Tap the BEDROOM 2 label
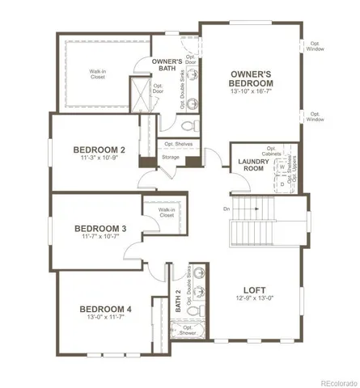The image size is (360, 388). (x=100, y=150)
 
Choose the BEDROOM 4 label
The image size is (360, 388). (x=105, y=309)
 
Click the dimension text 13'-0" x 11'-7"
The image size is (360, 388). (x=105, y=319)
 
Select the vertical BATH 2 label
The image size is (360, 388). (x=178, y=301)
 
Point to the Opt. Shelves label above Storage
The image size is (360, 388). (x=179, y=144)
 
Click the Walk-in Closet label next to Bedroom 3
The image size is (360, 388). (x=167, y=213)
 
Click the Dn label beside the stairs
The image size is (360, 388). (x=227, y=209)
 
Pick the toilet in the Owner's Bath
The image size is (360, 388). (x=185, y=125)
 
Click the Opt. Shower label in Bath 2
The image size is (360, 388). (x=188, y=331)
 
